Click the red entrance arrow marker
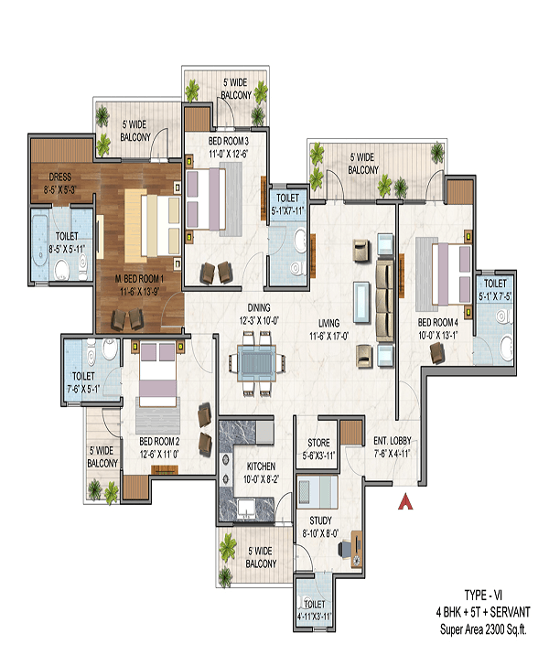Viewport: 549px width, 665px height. [x=404, y=501]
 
